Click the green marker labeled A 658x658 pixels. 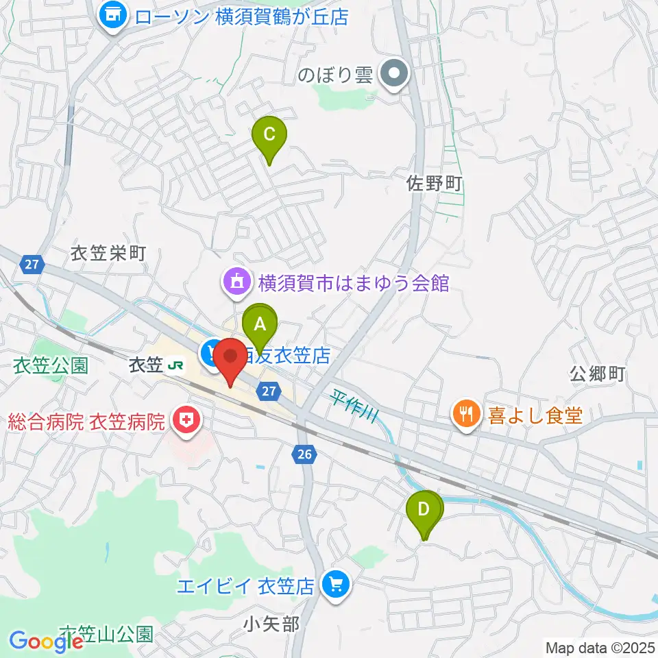coord(260,324)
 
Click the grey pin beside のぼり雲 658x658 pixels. coord(394,74)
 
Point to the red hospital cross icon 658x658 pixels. coord(184,420)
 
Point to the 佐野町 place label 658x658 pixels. coord(435,183)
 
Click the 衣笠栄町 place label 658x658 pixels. coord(108,254)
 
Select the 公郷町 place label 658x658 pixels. coord(598,374)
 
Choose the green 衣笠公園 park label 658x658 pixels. coord(51,365)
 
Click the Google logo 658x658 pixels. coord(46,642)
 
